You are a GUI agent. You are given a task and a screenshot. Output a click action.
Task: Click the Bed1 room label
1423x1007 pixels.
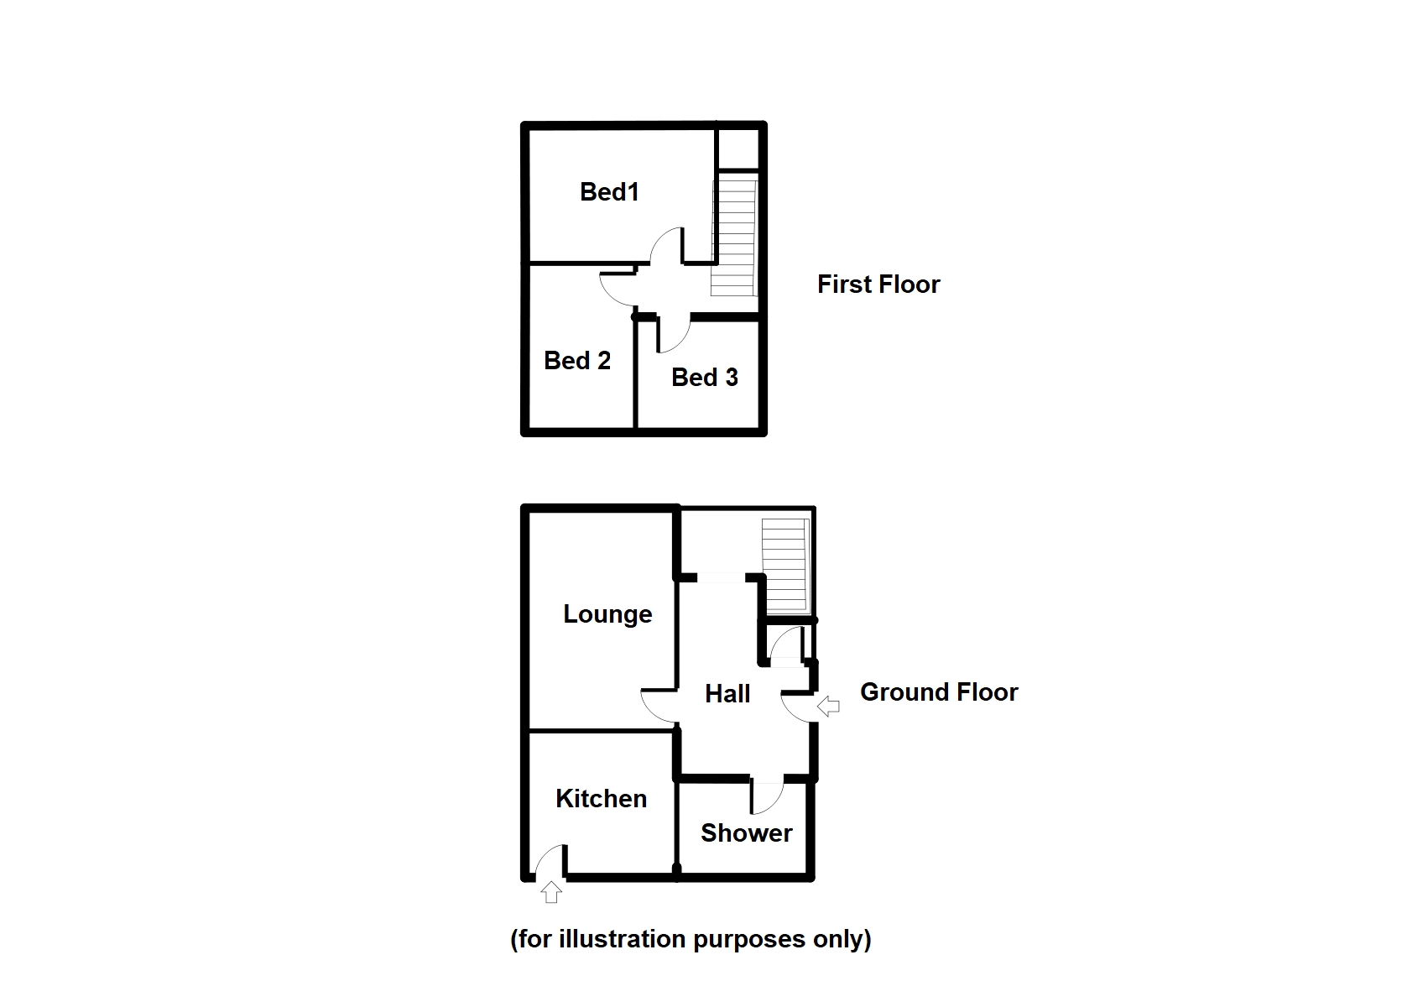coord(609,192)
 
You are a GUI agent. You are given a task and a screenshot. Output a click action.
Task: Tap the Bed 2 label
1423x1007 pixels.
coord(576,361)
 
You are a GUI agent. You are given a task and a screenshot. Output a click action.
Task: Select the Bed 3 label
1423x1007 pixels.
coord(704,378)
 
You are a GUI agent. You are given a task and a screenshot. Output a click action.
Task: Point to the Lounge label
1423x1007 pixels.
coord(607,614)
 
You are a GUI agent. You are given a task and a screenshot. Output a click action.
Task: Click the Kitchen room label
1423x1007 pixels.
coord(601,799)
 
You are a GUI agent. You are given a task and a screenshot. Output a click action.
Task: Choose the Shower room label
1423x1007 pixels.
coord(746,833)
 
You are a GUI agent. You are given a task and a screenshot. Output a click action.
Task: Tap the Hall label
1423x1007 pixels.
coord(727,694)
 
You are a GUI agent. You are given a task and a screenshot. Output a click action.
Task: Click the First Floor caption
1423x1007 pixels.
coord(878,284)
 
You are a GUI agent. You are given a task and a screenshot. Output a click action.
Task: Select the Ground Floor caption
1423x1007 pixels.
coord(939,692)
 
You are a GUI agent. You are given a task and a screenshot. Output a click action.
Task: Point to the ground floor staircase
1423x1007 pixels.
coord(785,566)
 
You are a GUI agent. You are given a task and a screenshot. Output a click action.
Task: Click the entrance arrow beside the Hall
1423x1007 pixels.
coord(828,707)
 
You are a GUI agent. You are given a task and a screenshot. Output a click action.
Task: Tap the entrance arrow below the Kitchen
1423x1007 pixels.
coord(550,892)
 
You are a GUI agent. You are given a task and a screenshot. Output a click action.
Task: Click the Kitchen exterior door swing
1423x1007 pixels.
coord(550,861)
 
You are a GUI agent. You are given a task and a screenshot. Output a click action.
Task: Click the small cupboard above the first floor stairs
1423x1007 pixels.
coord(739,149)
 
